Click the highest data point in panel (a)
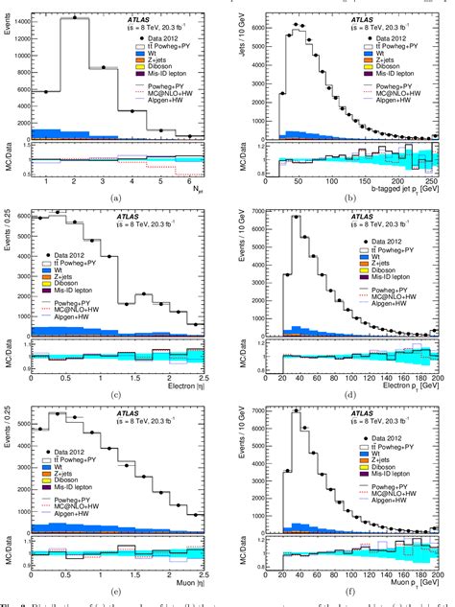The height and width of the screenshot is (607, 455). point(76,18)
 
